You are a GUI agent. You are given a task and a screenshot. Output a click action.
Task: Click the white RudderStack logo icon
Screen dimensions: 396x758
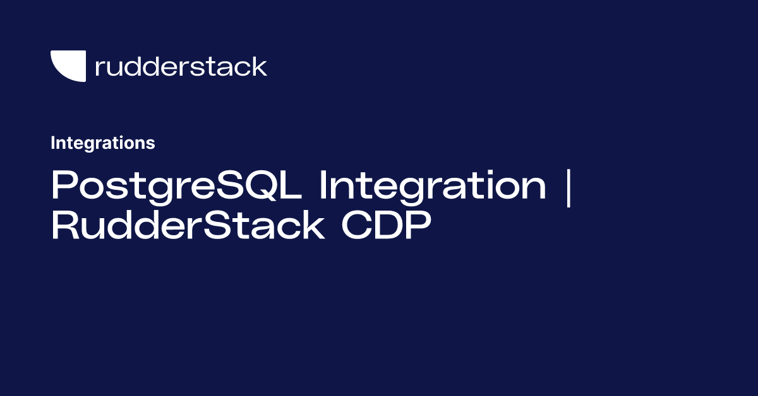point(68,66)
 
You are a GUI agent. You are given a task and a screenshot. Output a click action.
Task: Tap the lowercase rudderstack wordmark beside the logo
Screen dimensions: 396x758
point(181,66)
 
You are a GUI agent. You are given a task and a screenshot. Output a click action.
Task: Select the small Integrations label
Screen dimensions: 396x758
point(102,143)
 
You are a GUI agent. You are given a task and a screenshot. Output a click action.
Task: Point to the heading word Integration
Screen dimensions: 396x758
point(433,186)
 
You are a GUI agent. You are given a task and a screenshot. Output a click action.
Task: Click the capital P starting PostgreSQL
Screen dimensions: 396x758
point(63,186)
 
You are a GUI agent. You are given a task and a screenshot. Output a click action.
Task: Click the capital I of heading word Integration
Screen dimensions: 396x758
point(324,186)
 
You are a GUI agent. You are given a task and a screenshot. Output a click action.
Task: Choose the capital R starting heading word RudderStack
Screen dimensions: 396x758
point(64,226)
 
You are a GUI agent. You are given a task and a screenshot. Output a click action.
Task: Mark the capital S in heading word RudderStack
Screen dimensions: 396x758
point(218,226)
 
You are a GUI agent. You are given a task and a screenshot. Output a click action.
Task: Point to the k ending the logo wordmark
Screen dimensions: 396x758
point(260,66)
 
